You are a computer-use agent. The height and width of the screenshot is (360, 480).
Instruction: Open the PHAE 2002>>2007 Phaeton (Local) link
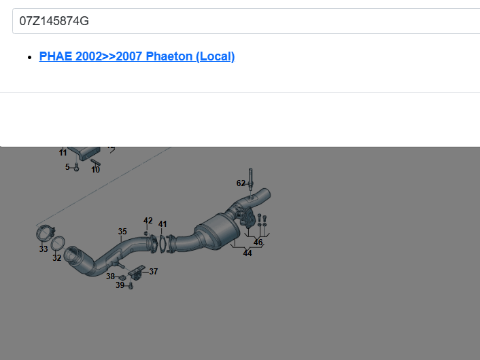pyautogui.click(x=137, y=56)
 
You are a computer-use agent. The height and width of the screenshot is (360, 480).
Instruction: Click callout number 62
pyautogui.click(x=241, y=183)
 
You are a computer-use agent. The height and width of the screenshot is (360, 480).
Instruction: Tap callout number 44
pyautogui.click(x=247, y=253)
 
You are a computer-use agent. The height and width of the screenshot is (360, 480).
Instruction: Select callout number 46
pyautogui.click(x=258, y=242)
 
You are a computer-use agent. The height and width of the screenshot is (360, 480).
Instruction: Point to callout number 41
pyautogui.click(x=162, y=224)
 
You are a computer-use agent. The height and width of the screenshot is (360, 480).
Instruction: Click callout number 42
pyautogui.click(x=148, y=221)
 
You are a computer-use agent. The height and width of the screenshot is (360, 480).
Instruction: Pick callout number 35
pyautogui.click(x=122, y=232)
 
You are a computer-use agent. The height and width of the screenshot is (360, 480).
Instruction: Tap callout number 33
pyautogui.click(x=44, y=249)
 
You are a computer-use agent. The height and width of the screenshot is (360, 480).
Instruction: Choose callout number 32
pyautogui.click(x=57, y=258)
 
